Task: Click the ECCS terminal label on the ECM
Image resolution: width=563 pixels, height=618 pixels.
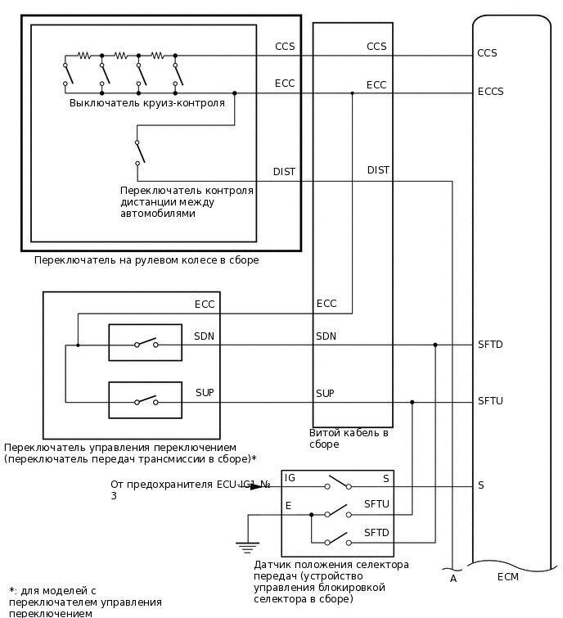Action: [x=490, y=92]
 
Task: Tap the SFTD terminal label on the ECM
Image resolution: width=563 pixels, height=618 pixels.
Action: [x=490, y=345]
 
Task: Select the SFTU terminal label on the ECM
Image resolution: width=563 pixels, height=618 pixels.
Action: [x=490, y=401]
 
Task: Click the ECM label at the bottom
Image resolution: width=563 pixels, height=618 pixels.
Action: [x=507, y=577]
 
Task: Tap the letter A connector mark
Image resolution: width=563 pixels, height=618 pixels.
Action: [x=453, y=579]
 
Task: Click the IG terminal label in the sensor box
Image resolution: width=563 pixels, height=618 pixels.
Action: [x=290, y=477]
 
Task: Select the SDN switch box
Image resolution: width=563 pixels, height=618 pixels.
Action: [x=146, y=343]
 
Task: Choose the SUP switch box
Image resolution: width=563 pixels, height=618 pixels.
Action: [x=146, y=400]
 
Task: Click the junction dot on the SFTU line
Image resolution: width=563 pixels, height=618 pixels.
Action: [x=412, y=402]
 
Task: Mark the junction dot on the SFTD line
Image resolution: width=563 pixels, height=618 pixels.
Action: [x=435, y=345]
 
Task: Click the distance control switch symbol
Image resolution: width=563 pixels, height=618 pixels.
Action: [x=139, y=150]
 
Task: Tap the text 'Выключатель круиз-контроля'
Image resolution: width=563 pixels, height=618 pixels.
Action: [x=147, y=103]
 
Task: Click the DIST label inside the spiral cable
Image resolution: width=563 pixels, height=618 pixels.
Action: [x=378, y=170]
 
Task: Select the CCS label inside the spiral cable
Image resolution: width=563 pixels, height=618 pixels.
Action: [x=376, y=47]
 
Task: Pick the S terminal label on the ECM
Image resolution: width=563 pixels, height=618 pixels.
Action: [x=481, y=485]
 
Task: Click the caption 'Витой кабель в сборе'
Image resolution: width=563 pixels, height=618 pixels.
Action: [x=349, y=438]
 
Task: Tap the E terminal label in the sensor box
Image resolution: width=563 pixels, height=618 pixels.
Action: [x=288, y=506]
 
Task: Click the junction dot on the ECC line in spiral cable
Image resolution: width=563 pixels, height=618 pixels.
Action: [x=353, y=92]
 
